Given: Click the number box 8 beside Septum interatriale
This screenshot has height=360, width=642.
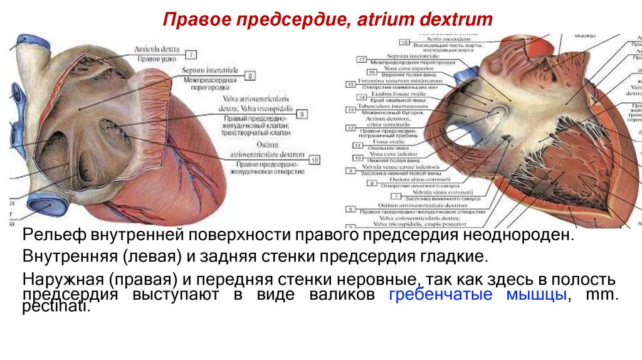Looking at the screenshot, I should click(250, 77).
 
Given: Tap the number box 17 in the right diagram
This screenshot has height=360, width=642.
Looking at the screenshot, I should click(362, 59).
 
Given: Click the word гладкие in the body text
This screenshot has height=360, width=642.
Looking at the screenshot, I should click(454, 257).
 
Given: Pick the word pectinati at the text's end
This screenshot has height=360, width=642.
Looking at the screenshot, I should click(56, 308).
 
